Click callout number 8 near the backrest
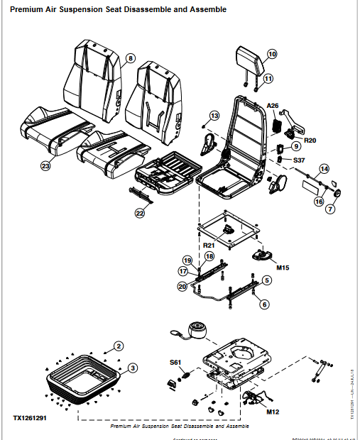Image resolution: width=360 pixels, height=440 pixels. tap(130, 57)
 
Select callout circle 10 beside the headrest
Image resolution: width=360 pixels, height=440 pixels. tap(272, 54)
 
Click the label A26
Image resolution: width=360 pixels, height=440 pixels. tap(273, 105)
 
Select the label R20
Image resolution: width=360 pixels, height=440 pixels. tap(310, 141)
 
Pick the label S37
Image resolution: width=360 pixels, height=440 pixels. tap(299, 160)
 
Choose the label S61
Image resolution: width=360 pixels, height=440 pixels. tap(175, 363)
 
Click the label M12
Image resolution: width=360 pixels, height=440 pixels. tap(273, 412)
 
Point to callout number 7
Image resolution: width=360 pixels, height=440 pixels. tap(330, 209)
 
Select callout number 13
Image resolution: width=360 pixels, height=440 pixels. tap(214, 115)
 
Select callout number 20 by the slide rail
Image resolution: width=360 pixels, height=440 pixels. tap(182, 286)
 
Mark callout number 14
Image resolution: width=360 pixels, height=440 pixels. tap(324, 168)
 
